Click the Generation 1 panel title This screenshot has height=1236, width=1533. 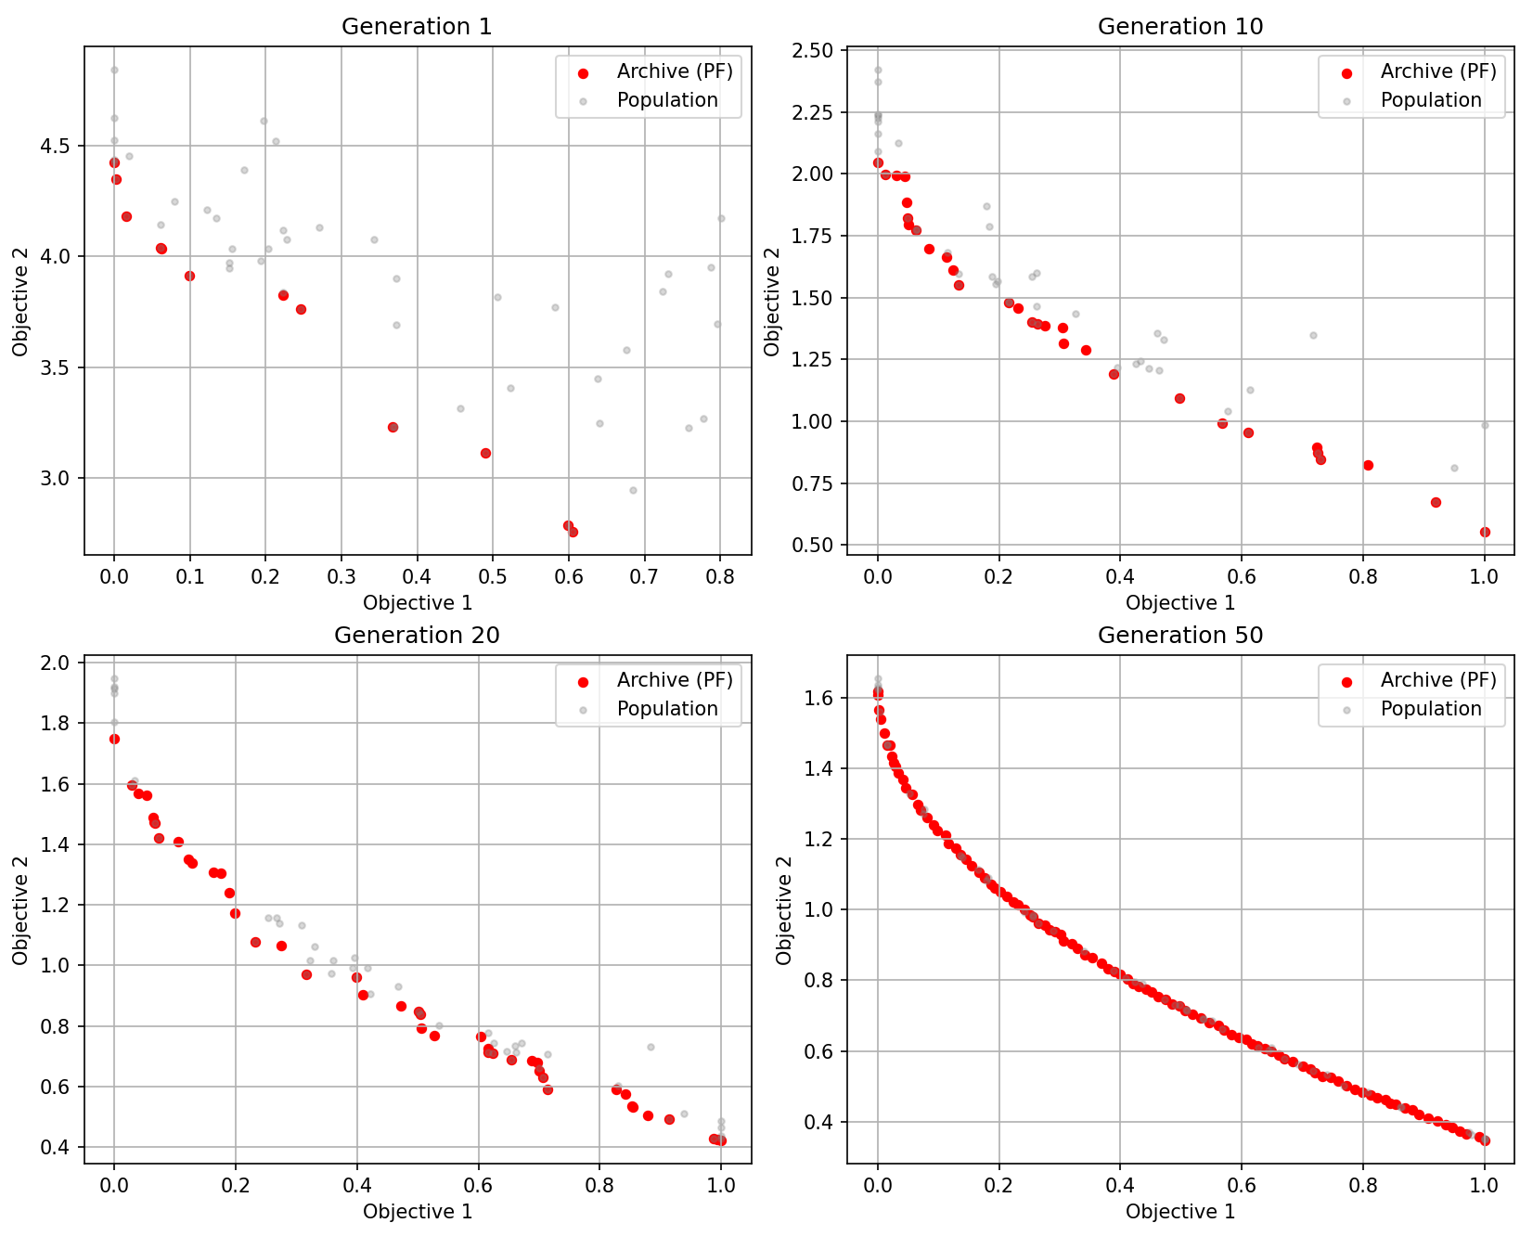(417, 27)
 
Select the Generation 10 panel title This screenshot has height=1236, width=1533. (1179, 27)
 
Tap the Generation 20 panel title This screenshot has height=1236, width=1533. (417, 636)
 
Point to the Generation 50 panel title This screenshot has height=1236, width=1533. (1179, 636)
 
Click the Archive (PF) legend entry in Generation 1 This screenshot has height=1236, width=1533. (675, 71)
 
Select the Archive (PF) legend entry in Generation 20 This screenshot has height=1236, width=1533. (675, 680)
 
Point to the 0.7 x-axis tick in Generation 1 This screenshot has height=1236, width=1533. (644, 577)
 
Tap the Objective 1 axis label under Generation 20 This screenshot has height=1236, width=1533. (418, 1212)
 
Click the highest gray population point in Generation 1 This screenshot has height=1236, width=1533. (114, 70)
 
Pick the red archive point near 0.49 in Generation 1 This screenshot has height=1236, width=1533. (485, 453)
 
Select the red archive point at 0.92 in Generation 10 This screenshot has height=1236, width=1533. (1436, 502)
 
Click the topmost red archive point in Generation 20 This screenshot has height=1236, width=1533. (114, 739)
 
